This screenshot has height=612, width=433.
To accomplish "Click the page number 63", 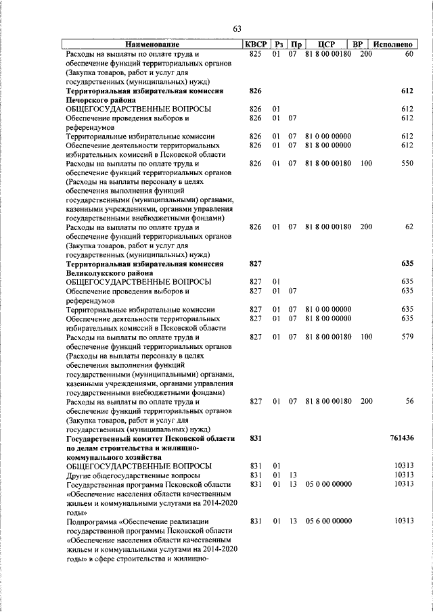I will [237, 28].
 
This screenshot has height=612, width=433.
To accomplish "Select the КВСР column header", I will [254, 44].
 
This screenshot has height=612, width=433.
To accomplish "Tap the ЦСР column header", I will [327, 44].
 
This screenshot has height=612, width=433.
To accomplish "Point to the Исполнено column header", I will [392, 44].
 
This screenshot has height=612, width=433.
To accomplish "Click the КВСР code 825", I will [255, 53].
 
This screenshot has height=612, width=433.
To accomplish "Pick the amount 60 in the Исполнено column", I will [409, 53].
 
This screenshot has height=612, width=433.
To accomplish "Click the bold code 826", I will [255, 90].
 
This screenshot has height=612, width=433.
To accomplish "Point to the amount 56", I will [409, 401].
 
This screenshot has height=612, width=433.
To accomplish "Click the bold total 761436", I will [402, 438].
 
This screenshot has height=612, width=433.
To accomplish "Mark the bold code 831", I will [255, 438].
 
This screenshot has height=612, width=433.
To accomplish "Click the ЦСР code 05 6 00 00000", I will [328, 521].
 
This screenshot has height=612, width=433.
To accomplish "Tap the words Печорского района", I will [101, 99].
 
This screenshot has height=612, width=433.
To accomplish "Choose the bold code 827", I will [255, 263].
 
